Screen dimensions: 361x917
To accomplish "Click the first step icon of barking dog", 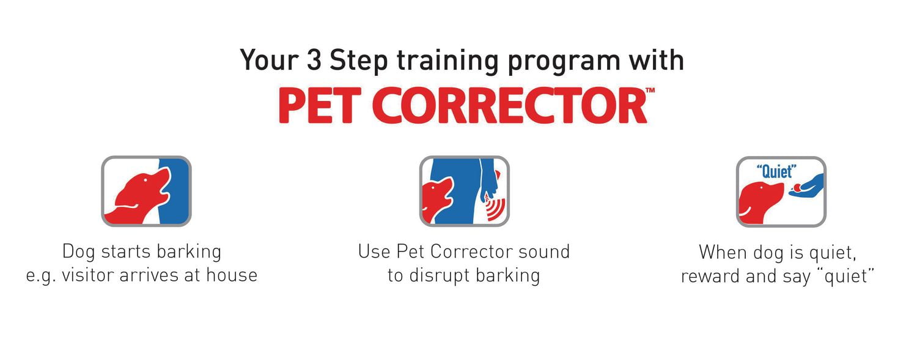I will pos(146,191).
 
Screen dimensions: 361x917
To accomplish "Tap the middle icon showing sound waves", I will pos(464,191).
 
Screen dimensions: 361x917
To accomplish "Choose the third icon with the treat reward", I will pos(781,191).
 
